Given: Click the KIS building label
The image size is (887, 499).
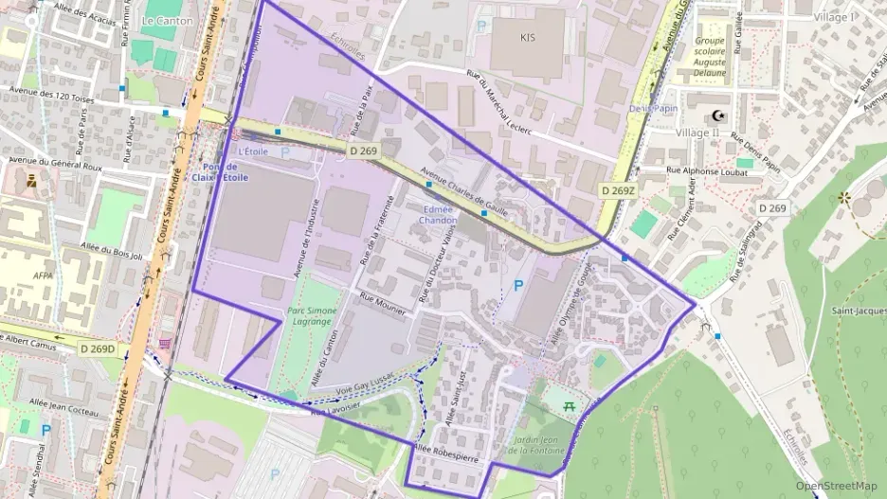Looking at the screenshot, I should [528, 38].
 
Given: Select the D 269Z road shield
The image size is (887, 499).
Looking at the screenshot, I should [617, 190].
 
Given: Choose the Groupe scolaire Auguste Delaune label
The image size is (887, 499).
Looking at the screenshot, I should [709, 57].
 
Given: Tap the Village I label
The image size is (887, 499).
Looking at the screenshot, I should [834, 17].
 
